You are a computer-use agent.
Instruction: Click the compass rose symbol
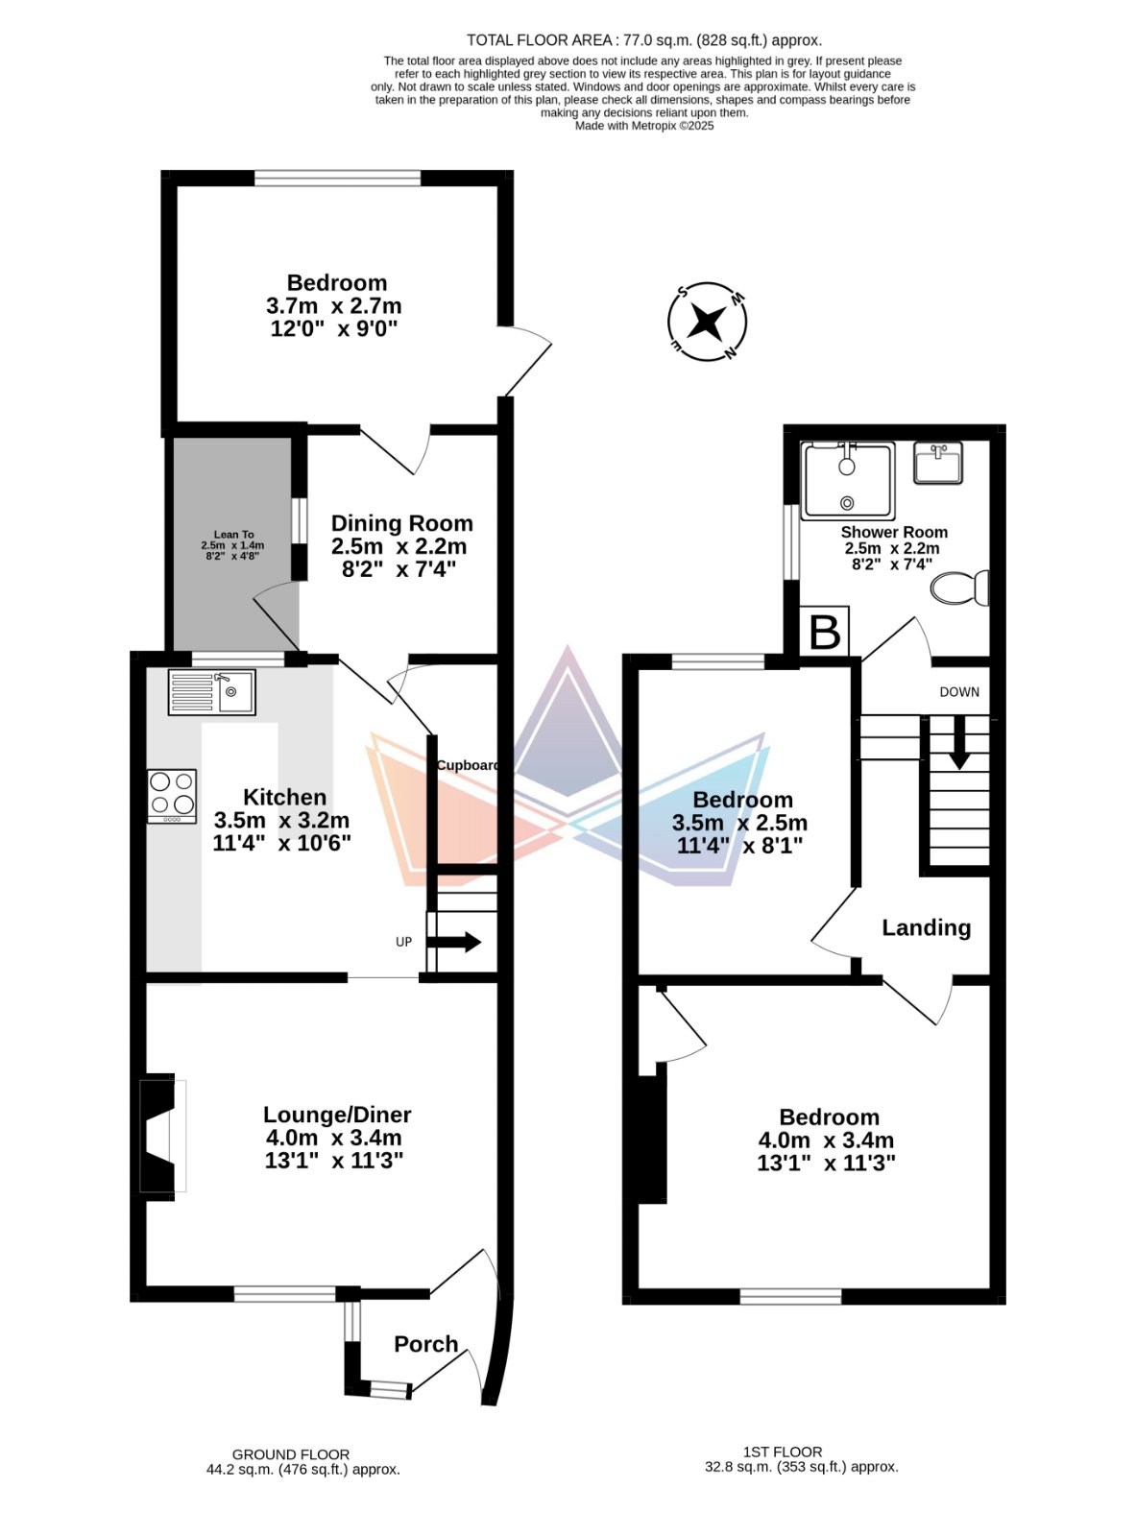point(707,322)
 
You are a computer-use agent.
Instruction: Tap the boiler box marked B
point(824,631)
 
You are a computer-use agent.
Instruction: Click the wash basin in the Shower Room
point(938,463)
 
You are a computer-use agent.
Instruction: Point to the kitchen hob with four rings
point(172,797)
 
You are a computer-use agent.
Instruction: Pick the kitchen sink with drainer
point(212,692)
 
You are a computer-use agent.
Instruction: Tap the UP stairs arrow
point(453,942)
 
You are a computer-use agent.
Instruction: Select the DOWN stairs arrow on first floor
point(959,742)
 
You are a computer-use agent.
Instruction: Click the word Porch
point(426,1344)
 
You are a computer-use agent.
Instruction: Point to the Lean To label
point(233,535)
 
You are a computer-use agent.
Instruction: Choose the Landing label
point(926,927)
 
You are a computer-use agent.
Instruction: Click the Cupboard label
point(468,765)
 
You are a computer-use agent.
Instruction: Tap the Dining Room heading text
point(401,523)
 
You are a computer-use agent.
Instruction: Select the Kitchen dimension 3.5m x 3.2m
point(281,820)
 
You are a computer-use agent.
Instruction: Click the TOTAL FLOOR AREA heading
point(644,40)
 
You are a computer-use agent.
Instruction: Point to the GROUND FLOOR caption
point(290,1454)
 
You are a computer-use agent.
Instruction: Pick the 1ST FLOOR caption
point(783,1452)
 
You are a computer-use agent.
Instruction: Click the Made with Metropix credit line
point(644,126)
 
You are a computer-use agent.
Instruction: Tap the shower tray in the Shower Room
point(848,481)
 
